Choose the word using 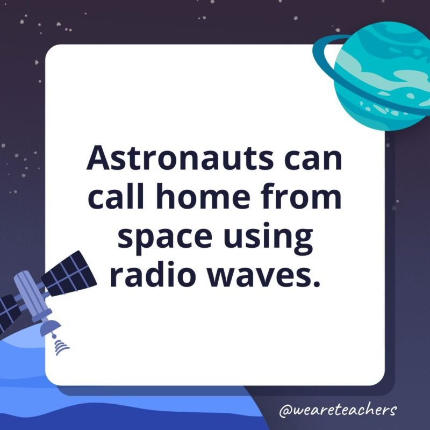(x=270, y=238)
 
